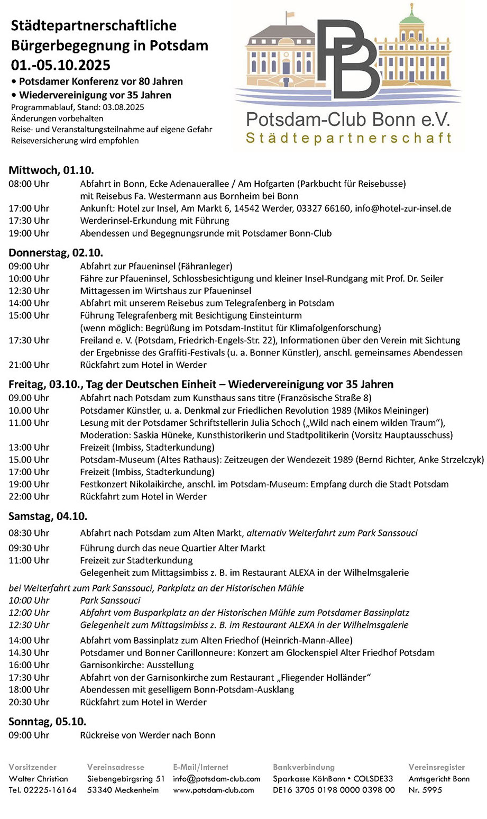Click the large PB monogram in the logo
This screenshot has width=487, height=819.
[x=349, y=58]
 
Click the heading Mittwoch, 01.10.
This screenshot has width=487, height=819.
[x=51, y=170]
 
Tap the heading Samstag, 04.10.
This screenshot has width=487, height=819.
[x=48, y=516]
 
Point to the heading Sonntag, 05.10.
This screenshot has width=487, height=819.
[x=48, y=722]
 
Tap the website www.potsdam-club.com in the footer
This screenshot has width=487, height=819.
[x=214, y=790]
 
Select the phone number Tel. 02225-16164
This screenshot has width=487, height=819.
[x=43, y=790]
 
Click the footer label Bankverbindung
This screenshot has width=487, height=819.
[x=304, y=767]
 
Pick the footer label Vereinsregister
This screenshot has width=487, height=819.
[x=437, y=767]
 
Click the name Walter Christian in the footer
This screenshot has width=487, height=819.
[x=39, y=778]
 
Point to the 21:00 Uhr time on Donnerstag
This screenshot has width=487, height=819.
[x=29, y=365]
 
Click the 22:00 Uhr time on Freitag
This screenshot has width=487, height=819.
[x=29, y=496]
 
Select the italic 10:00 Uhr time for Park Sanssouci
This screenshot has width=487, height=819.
[x=29, y=600]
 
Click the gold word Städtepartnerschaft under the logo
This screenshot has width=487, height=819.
[x=349, y=139]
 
